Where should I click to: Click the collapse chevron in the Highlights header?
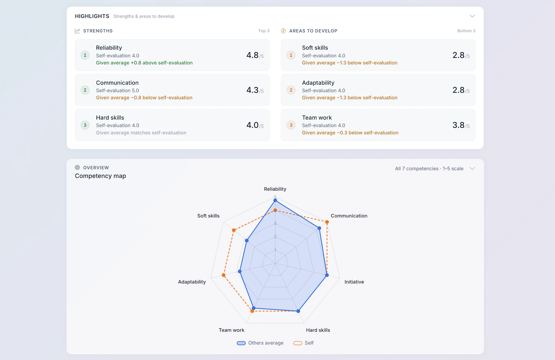pyautogui.click(x=472, y=16)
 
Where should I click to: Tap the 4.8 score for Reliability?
pyautogui.click(x=252, y=55)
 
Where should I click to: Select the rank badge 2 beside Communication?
pyautogui.click(x=85, y=90)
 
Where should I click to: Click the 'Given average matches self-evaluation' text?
pyautogui.click(x=141, y=133)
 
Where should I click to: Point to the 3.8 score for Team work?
pyautogui.click(x=458, y=125)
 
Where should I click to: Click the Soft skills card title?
pyautogui.click(x=315, y=48)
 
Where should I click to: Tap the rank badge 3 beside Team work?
pyautogui.click(x=291, y=125)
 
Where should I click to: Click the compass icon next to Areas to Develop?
pyautogui.click(x=283, y=31)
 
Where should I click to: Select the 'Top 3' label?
pyautogui.click(x=264, y=31)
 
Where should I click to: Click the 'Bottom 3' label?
pyautogui.click(x=466, y=31)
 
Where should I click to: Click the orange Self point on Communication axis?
pyautogui.click(x=327, y=222)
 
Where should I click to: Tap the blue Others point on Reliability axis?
pyautogui.click(x=275, y=200)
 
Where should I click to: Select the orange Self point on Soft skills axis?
pyautogui.click(x=234, y=230)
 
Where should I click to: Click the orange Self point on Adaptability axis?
pyautogui.click(x=224, y=275)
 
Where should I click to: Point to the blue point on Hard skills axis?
pyautogui.click(x=298, y=311)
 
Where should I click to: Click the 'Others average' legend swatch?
pyautogui.click(x=241, y=343)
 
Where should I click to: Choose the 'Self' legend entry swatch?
pyautogui.click(x=298, y=343)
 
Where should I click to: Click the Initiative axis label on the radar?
pyautogui.click(x=354, y=282)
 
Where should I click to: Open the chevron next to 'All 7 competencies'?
pyautogui.click(x=472, y=168)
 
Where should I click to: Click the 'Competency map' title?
pyautogui.click(x=100, y=176)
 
